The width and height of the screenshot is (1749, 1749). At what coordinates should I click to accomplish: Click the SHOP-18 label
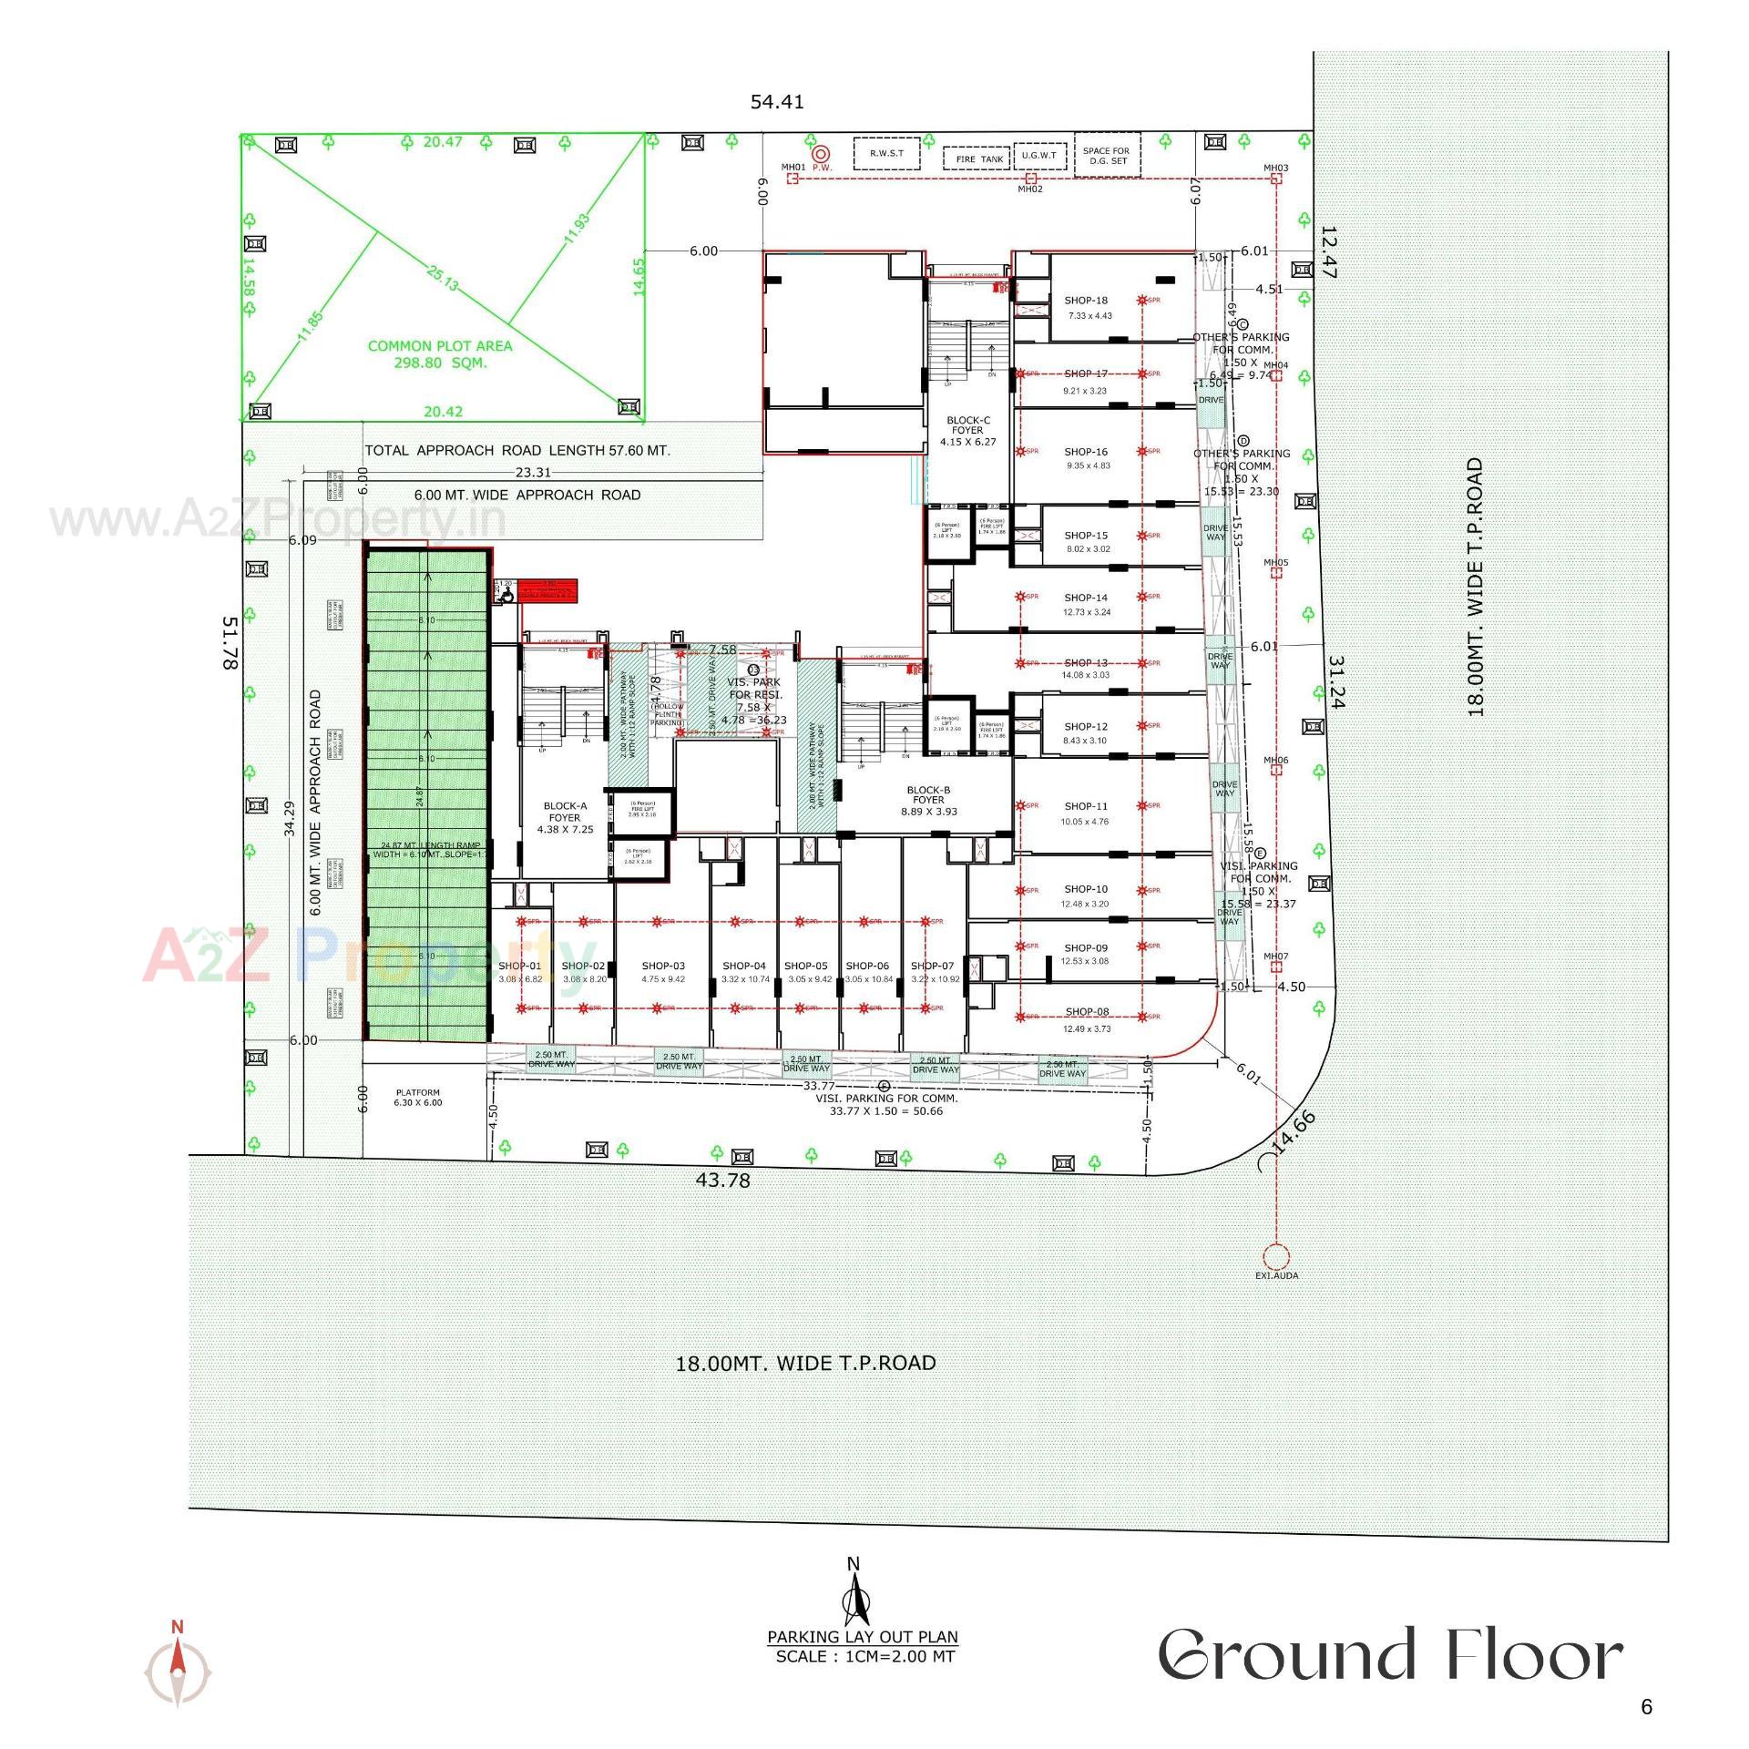click(x=1086, y=301)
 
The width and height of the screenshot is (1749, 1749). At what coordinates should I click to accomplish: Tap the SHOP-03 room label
click(x=662, y=966)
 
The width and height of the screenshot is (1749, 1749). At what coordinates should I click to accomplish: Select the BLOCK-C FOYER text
click(x=967, y=430)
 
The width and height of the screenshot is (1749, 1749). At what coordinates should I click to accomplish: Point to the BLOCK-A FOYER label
click(x=565, y=812)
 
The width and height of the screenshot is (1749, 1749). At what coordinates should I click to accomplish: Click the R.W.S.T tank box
click(x=885, y=153)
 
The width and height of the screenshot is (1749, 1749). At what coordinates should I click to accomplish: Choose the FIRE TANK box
click(x=978, y=159)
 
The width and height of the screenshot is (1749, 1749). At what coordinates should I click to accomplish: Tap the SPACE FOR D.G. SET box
click(x=1106, y=156)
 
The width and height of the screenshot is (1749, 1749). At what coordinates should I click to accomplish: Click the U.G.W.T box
click(x=1039, y=156)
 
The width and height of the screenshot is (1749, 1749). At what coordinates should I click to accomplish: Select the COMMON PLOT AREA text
click(x=440, y=353)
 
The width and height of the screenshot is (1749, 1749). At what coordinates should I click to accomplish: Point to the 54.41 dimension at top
click(x=777, y=102)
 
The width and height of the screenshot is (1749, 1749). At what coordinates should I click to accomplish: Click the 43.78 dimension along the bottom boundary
click(x=722, y=1180)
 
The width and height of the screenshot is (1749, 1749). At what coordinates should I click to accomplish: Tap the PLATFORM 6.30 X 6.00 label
click(x=418, y=1097)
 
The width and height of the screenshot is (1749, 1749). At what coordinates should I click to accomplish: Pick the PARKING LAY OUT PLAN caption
click(x=862, y=1637)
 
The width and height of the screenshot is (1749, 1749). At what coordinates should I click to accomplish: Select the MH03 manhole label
click(x=1275, y=169)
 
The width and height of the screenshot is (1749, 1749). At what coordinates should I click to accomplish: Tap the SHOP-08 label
click(x=1086, y=1012)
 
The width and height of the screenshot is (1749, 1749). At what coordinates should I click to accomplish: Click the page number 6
click(x=1646, y=1707)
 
